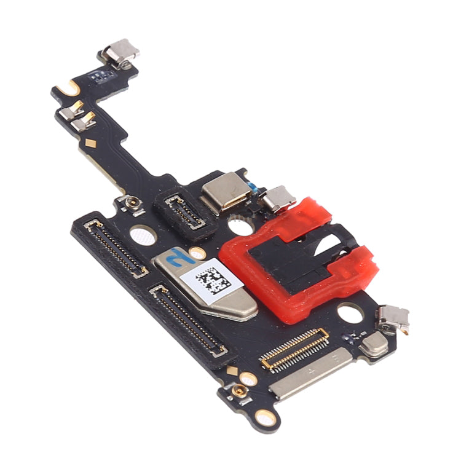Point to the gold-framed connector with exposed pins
click(x=294, y=349)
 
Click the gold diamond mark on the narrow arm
click(x=92, y=144)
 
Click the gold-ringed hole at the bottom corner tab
click(x=265, y=419)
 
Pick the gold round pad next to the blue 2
click(x=197, y=253)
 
